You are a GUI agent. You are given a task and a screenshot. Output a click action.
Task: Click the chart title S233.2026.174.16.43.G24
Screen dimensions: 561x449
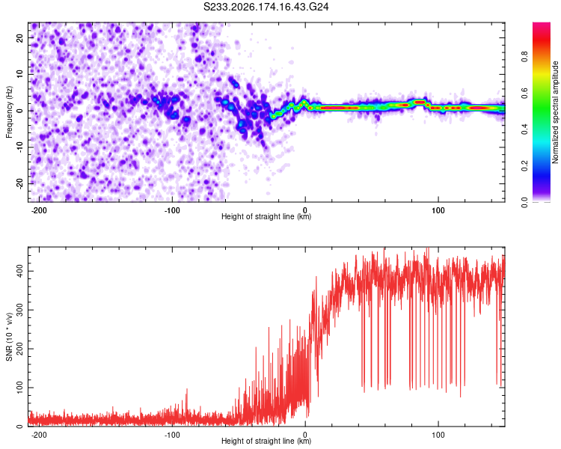coord(266,7)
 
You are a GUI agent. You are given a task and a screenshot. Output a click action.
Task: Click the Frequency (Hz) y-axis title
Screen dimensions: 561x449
coord(9,112)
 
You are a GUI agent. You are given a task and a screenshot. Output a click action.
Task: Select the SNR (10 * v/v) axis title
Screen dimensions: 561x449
coord(9,337)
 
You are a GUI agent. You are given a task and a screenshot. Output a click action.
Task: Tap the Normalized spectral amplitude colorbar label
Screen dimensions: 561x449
coord(555,112)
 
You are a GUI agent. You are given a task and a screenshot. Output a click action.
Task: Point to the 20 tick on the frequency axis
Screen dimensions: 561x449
coord(19,38)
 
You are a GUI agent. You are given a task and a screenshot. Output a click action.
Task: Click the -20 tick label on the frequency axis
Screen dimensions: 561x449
coord(19,183)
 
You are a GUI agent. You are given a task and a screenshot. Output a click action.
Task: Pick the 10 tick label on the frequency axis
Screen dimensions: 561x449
coord(19,75)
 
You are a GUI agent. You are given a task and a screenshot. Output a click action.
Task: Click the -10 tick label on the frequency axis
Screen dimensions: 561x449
coord(19,147)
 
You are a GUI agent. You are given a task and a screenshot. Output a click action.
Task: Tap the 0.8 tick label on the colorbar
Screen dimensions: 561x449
coord(524,57)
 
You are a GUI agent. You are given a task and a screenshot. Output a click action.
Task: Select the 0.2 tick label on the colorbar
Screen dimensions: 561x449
coord(524,166)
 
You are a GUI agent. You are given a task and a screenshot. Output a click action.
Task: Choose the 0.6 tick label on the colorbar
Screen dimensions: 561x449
coord(524,93)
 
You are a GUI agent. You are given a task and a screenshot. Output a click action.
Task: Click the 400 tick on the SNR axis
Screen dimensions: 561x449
coord(19,271)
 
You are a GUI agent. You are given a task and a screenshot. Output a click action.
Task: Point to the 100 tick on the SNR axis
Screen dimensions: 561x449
coord(19,388)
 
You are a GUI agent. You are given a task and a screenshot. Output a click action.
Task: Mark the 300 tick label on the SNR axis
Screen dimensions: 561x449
coord(19,310)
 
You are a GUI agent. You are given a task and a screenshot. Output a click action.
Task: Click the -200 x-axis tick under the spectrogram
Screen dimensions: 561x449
coord(39,210)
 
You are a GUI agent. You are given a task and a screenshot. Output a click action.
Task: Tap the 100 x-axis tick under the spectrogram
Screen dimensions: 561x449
coord(438,210)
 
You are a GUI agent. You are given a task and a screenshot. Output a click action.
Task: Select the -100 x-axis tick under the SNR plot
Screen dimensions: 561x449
coord(172,435)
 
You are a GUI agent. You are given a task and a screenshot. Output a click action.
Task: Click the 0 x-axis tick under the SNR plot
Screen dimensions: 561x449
coord(305,435)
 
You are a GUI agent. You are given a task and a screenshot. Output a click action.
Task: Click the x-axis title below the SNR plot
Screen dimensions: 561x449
coord(266,441)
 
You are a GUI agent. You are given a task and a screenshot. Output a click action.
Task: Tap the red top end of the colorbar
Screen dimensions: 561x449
coord(542,25)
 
